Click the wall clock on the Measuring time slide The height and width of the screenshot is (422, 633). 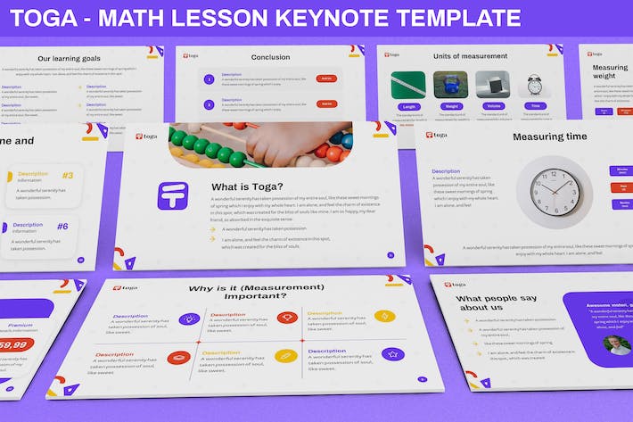(555, 193)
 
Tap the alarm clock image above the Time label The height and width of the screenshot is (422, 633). (534, 84)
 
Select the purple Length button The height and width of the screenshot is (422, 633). (408, 106)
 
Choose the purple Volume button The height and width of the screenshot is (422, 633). (493, 106)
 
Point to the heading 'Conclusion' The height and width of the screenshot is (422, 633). (270, 58)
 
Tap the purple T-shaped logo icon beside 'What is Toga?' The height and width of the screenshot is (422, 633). (173, 195)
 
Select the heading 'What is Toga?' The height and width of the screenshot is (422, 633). (248, 186)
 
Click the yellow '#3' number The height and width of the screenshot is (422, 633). (68, 175)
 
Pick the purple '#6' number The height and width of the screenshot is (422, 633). (62, 226)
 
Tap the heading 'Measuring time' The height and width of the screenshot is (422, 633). (549, 137)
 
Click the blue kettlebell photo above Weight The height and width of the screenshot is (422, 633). (450, 84)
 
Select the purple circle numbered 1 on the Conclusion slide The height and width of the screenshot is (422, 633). (209, 79)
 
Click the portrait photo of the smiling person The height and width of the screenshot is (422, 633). (616, 345)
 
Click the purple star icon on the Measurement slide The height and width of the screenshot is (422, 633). (392, 354)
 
